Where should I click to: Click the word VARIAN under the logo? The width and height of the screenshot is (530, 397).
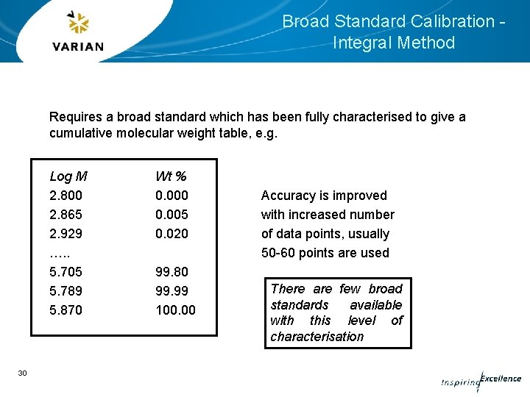click(79, 46)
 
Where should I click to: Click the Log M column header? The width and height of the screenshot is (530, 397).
click(68, 176)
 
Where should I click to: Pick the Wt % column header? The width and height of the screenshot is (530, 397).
click(171, 176)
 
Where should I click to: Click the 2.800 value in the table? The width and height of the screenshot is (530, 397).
click(66, 196)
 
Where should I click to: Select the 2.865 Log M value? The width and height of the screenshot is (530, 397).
click(66, 215)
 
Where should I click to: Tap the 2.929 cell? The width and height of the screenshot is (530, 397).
click(66, 234)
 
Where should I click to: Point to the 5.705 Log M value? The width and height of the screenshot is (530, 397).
click(66, 272)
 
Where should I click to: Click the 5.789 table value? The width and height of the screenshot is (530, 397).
click(66, 291)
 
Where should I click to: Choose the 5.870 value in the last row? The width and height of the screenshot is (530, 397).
click(66, 310)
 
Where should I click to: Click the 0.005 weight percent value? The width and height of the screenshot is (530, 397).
click(172, 215)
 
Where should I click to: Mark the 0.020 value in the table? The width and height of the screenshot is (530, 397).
click(172, 234)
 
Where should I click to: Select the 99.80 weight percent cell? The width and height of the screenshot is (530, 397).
click(172, 272)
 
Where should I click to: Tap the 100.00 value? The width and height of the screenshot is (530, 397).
click(175, 310)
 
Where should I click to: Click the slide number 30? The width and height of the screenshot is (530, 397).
click(22, 373)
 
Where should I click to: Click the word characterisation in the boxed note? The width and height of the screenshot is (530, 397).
click(317, 337)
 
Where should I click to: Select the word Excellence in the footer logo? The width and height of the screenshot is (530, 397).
click(501, 379)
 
